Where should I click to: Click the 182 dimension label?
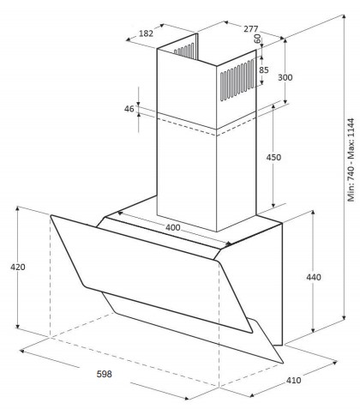[146, 33]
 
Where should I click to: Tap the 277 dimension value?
[251, 29]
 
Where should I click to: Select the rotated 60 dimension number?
[257, 39]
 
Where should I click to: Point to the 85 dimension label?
[264, 69]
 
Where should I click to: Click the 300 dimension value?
[285, 77]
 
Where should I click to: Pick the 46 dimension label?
[129, 109]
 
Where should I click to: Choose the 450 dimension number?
[273, 157]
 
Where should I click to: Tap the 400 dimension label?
[173, 227]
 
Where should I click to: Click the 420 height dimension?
[18, 267]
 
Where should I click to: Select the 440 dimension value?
[314, 277]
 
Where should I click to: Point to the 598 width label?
[104, 374]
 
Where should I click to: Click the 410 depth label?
[293, 380]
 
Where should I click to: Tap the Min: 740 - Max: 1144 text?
[351, 159]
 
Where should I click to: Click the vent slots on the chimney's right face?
[237, 80]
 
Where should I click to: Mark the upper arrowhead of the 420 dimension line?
[18, 208]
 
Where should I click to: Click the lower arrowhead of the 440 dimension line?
[313, 330]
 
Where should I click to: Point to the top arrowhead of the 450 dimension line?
[273, 106]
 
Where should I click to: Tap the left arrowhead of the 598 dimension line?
[22, 351]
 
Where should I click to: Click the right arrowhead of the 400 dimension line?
[229, 244]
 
